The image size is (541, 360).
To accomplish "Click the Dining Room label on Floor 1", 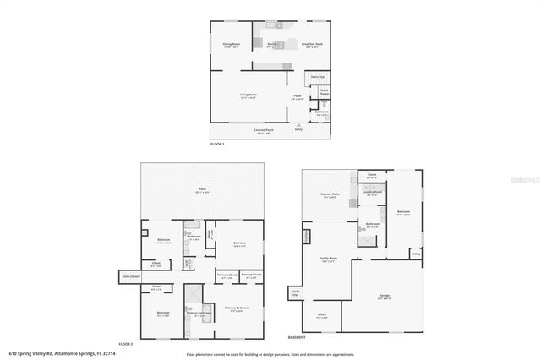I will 232,44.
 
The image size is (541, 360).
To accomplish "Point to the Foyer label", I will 298,96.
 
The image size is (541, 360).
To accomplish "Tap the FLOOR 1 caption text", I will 217,145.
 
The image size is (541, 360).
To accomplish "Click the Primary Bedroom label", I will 237,308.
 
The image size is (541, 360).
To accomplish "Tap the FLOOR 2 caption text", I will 126,344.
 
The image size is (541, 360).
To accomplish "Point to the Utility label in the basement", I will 415,254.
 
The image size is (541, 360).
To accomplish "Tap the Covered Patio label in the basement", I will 330,195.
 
